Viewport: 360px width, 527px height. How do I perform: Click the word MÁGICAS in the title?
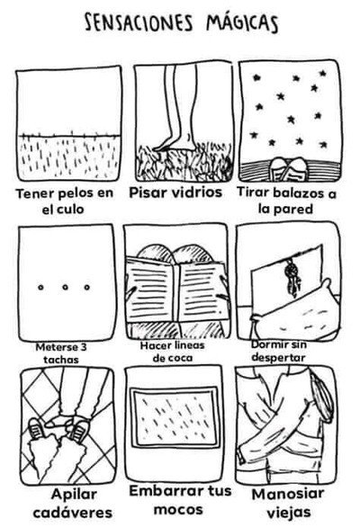(242, 23)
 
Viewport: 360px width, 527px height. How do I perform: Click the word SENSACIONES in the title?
(139, 23)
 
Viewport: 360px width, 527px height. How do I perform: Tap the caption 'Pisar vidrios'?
(175, 192)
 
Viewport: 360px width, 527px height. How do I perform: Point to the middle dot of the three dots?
(66, 288)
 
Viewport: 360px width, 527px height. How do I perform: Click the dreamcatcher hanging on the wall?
(291, 276)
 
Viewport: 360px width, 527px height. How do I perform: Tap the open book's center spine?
(175, 291)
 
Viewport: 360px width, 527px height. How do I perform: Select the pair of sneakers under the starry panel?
(288, 169)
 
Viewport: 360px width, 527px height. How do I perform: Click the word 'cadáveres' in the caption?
(73, 513)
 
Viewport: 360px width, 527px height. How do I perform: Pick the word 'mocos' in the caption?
(178, 510)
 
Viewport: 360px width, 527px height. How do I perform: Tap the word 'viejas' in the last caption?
(289, 513)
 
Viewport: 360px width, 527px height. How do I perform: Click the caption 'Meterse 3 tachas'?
(61, 353)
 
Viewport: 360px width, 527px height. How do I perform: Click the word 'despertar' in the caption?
(278, 357)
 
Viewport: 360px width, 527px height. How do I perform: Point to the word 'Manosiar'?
(288, 495)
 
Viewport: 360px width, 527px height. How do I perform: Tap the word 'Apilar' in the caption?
(75, 495)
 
